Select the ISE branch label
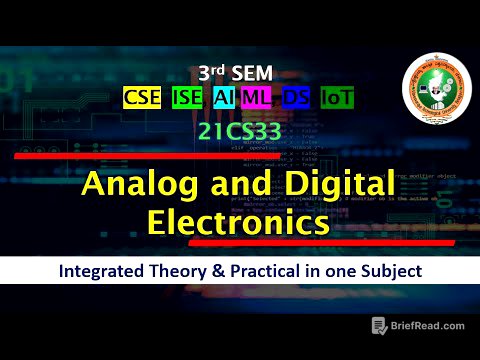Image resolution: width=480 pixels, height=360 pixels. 186,98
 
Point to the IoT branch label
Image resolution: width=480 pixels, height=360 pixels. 336,98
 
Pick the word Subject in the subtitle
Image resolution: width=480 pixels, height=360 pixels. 391,271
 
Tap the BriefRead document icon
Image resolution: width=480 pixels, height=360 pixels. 380,326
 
